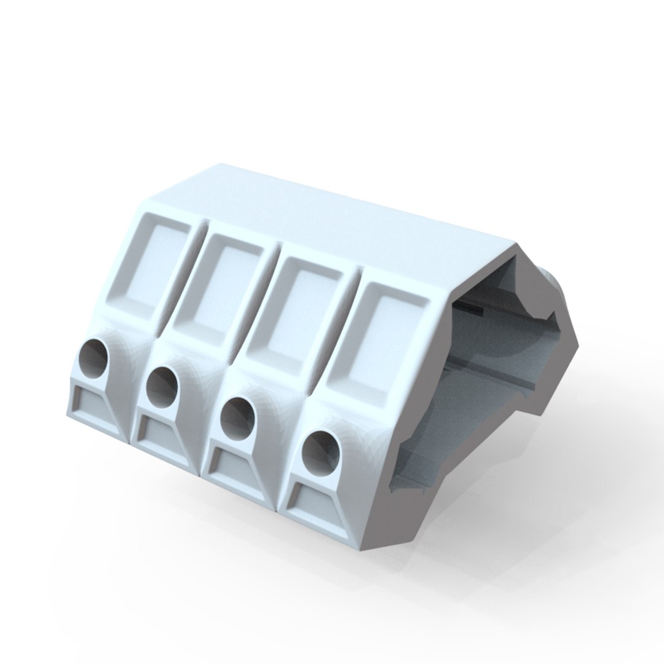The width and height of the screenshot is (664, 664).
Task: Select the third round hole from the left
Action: tap(237, 417)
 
